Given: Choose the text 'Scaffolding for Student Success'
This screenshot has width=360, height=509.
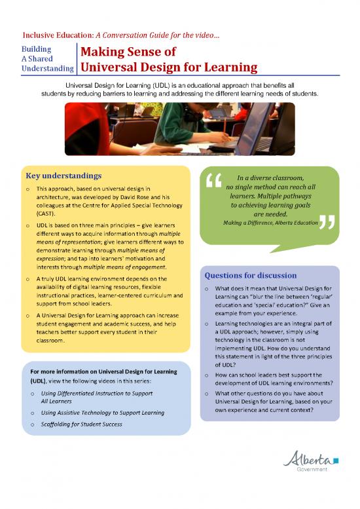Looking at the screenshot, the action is (x=82, y=424).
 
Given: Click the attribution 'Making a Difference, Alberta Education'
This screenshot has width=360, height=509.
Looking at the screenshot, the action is (x=270, y=223).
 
